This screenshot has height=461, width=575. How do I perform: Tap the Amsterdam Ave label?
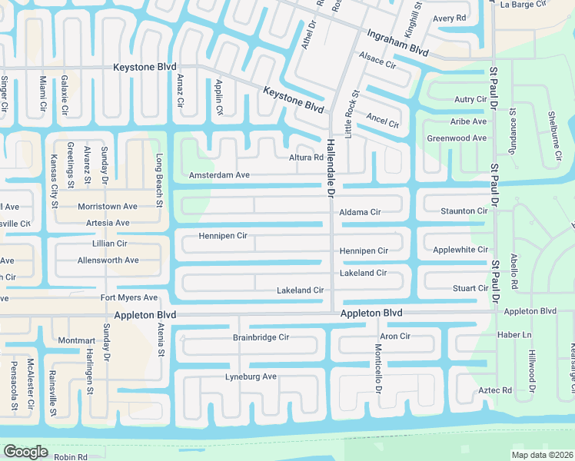click(x=221, y=175)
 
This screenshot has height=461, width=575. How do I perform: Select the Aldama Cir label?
click(x=361, y=212)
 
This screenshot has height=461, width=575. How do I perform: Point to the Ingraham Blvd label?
click(x=397, y=42)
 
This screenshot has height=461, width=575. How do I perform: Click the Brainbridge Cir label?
click(x=261, y=337)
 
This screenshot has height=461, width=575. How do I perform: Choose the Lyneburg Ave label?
click(x=251, y=377)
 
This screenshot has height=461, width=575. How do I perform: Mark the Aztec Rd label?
click(x=495, y=391)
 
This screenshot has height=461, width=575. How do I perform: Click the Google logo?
click(x=25, y=451)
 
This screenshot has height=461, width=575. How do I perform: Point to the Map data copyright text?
click(x=542, y=455)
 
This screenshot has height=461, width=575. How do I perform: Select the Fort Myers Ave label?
click(x=128, y=298)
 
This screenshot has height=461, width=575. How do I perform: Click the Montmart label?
click(x=77, y=340)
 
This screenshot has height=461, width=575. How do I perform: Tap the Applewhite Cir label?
click(x=460, y=250)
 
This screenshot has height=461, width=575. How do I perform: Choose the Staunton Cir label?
click(x=464, y=211)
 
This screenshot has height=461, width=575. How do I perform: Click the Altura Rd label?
click(x=306, y=158)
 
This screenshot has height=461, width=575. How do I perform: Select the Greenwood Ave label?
click(x=457, y=138)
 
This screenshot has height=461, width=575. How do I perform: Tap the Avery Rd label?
click(x=450, y=18)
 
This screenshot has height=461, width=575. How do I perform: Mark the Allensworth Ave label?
click(x=108, y=260)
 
